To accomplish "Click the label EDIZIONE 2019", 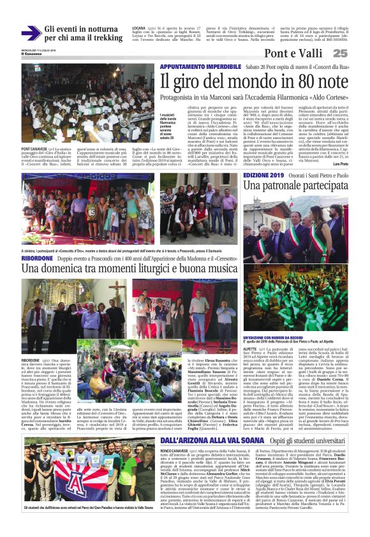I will (264, 174).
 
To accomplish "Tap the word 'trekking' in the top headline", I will (102, 37).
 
